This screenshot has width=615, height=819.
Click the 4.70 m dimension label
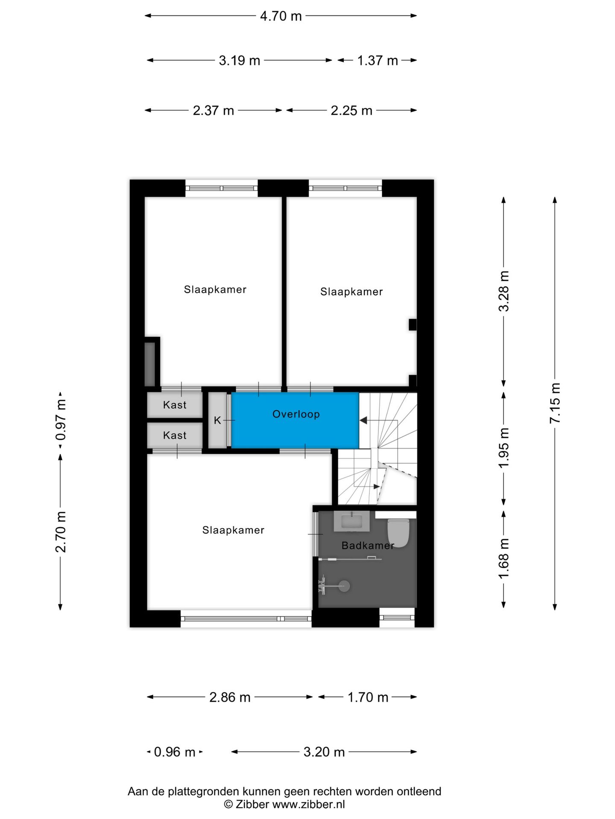click(281, 16)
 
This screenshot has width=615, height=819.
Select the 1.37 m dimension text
click(377, 61)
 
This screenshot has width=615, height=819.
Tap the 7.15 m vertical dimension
click(554, 403)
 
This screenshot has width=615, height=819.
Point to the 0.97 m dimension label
click(61, 419)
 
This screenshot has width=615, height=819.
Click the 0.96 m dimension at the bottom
click(174, 752)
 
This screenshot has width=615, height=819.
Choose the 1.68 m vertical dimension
click(504, 558)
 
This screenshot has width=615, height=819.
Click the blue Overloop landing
click(295, 420)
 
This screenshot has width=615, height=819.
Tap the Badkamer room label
click(367, 545)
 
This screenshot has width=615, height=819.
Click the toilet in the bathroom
click(398, 532)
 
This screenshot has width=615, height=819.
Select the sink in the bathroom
click(351, 521)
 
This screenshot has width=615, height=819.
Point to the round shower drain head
click(344, 586)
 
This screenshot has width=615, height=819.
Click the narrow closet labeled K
click(217, 420)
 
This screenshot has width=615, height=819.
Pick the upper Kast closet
click(175, 405)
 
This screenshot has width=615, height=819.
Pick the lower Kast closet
click(175, 436)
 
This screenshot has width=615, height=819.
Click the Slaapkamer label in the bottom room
click(233, 530)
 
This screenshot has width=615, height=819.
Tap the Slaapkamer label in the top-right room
click(351, 292)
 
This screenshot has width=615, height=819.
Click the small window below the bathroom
click(397, 617)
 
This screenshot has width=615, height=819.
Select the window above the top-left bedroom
click(221, 188)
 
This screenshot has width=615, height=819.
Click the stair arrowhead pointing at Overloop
click(363, 421)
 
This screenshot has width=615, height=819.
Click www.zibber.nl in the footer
click(308, 804)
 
